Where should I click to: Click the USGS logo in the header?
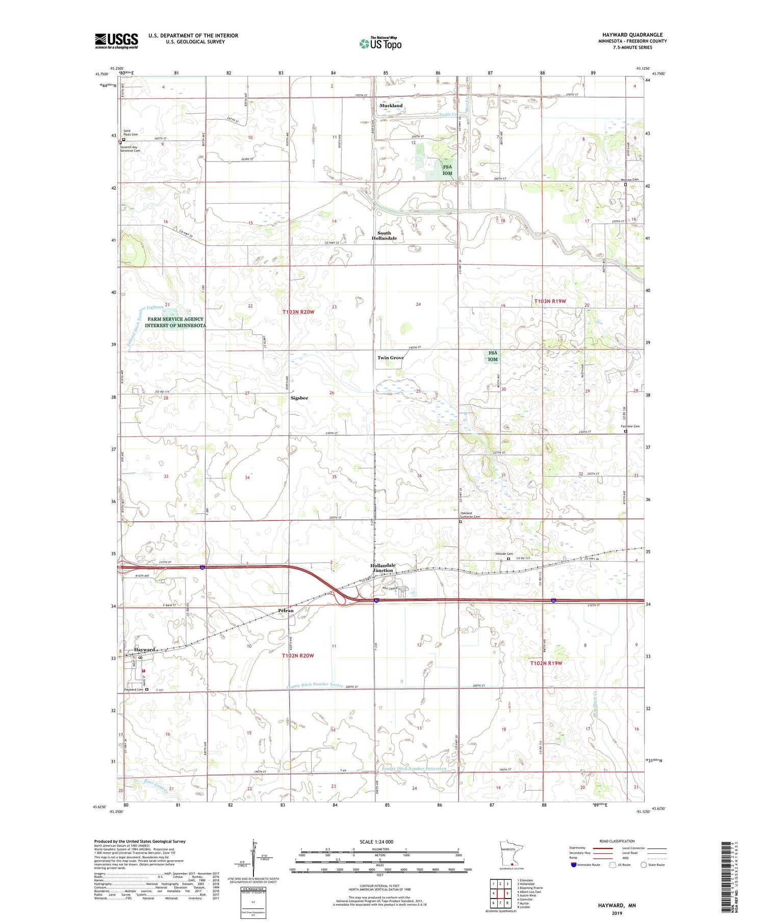pyautogui.click(x=116, y=41)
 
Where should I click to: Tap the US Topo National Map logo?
pyautogui.click(x=380, y=43)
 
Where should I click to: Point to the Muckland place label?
pyautogui.click(x=391, y=105)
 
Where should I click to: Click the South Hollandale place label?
pyautogui.click(x=384, y=235)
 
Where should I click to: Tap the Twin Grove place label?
pyautogui.click(x=390, y=358)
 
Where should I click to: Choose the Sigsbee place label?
pyautogui.click(x=299, y=398)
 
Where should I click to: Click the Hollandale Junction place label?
pyautogui.click(x=382, y=568)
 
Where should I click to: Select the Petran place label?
pyautogui.click(x=286, y=611)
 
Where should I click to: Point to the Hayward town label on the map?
pyautogui.click(x=144, y=650)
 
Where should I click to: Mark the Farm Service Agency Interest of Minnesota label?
pyautogui.click(x=175, y=322)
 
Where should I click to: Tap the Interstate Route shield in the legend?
pyautogui.click(x=574, y=865)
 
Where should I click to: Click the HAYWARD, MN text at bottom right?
pyautogui.click(x=617, y=906)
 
